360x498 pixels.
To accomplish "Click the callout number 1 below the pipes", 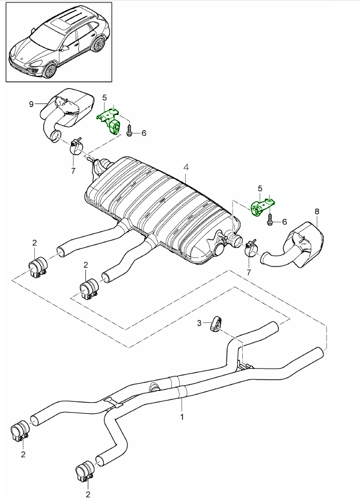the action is point(182,417).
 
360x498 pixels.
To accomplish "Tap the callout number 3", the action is point(199,324).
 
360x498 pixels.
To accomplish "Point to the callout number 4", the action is point(186,167).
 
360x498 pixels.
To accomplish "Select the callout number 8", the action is point(317,211).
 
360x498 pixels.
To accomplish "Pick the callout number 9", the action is point(31,104).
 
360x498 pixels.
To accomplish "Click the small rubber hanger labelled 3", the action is point(216,324).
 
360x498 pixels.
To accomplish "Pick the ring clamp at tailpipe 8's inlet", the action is point(251,248).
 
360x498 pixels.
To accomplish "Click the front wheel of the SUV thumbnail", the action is point(50,70).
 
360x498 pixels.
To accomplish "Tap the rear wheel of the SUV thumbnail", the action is point(98,44).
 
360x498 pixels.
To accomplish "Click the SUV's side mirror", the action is point(65,48).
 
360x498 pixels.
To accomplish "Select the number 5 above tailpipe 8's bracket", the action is point(260,189).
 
